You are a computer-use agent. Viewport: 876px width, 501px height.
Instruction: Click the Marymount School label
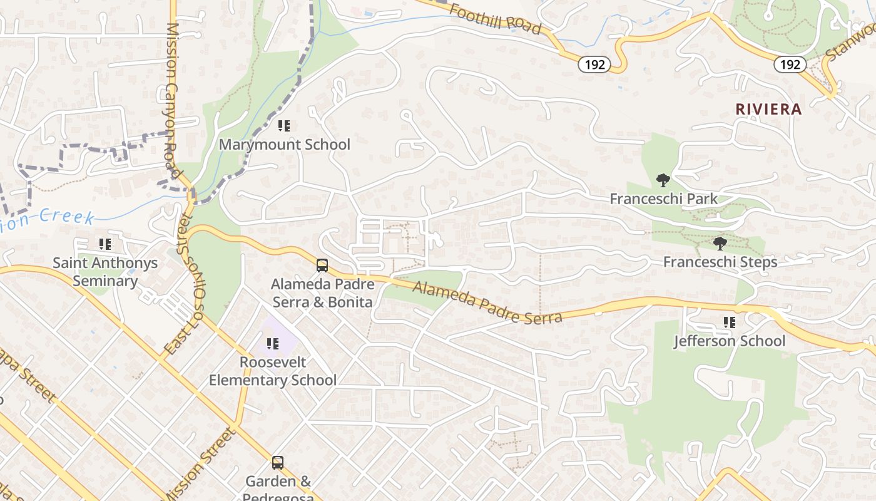tap(284, 145)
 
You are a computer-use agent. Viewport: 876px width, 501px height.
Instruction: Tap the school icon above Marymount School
tap(284, 126)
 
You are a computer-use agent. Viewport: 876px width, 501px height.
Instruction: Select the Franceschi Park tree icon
tap(663, 181)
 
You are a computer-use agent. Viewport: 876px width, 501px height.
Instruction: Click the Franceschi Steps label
tap(720, 262)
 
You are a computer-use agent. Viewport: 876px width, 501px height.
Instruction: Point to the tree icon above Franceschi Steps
tap(720, 244)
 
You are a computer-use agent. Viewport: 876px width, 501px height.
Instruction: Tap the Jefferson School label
tap(729, 341)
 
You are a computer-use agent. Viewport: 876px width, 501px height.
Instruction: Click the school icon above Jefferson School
tap(729, 323)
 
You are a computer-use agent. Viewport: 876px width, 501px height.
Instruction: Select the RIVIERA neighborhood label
tap(768, 110)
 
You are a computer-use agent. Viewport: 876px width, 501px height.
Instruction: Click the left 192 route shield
tap(594, 65)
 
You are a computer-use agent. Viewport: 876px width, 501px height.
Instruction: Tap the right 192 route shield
tap(790, 65)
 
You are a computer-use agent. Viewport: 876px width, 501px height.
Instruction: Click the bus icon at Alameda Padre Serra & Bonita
tap(322, 266)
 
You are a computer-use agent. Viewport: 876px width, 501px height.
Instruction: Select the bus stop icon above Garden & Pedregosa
tap(278, 463)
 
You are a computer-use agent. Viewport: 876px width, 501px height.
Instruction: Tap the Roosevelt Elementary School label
tap(272, 371)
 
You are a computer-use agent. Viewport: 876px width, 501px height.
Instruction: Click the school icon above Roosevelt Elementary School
tap(272, 344)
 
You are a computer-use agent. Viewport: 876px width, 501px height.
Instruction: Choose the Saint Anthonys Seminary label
tap(105, 272)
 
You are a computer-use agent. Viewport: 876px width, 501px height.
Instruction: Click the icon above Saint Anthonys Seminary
tap(105, 244)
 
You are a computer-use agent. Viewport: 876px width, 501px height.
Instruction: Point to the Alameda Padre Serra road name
tap(487, 302)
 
